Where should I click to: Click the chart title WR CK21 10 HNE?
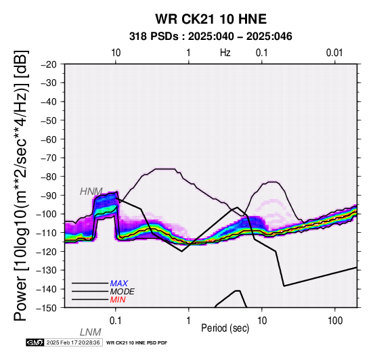tap(211, 19)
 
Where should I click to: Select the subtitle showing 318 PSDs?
tap(211, 37)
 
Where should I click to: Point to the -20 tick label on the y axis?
tap(49, 64)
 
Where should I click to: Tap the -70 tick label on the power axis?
tap(49, 158)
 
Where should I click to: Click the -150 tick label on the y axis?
tap(47, 308)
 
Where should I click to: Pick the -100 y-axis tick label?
tap(47, 214)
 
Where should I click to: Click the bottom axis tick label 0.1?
tap(116, 321)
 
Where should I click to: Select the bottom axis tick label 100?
tap(335, 321)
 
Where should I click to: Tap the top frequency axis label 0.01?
tap(334, 53)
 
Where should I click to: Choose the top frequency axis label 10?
tap(116, 53)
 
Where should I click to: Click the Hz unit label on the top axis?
tap(225, 53)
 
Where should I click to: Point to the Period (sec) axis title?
tap(225, 328)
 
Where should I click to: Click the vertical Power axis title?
tap(21, 185)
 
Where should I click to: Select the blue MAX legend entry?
tap(119, 284)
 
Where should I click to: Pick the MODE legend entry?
tap(123, 292)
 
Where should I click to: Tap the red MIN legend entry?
tap(118, 300)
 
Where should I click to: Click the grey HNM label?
tap(91, 192)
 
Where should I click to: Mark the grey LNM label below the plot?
tap(91, 332)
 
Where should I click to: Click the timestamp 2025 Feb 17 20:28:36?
tap(73, 342)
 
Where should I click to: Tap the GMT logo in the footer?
tap(35, 342)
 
